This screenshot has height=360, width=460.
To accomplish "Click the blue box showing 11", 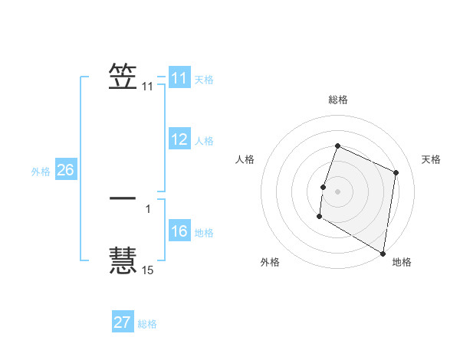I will [179, 78].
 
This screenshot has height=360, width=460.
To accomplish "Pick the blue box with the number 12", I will [179, 139].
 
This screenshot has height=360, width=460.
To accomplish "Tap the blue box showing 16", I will [179, 231].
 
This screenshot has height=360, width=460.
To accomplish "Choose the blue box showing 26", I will [65, 170].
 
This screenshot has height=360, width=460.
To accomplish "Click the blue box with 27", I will [123, 322].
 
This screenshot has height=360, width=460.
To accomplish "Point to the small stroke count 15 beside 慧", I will [148, 270].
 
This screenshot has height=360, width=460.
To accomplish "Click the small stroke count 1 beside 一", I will [148, 208].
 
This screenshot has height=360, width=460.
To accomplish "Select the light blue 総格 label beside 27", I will [147, 324].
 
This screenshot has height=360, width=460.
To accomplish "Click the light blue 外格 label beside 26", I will [41, 172].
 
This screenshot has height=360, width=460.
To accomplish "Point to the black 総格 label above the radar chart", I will [338, 100].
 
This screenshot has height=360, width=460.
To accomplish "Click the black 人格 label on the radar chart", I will [245, 159].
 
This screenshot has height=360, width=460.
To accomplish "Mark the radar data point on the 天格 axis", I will [396, 172].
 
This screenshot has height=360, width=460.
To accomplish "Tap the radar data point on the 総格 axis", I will [337, 146].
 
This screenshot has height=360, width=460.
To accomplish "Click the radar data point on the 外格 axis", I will [319, 217].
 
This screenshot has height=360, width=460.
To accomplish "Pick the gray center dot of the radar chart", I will [338, 191].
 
